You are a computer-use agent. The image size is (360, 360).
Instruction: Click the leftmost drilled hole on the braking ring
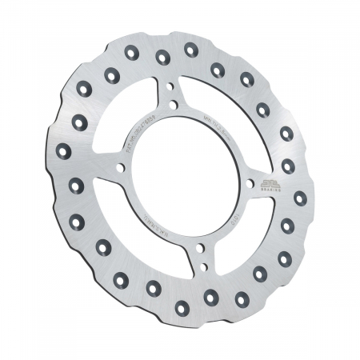click(64, 151)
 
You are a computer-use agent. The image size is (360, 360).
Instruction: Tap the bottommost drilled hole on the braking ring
click(182, 306)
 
